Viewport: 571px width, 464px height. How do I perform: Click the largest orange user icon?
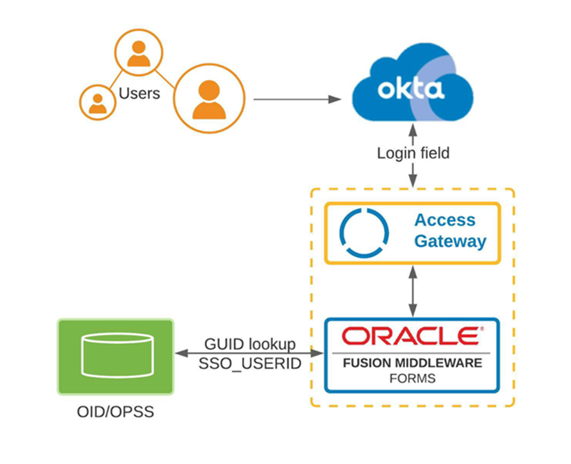pyautogui.click(x=208, y=98)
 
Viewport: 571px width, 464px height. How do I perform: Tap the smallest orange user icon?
pyautogui.click(x=98, y=102)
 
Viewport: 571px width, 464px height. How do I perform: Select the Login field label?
pyautogui.click(x=413, y=153)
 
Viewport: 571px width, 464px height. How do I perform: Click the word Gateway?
pyautogui.click(x=449, y=241)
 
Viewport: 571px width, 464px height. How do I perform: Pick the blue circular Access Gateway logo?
pyautogui.click(x=364, y=231)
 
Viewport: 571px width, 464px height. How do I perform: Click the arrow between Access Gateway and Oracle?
pyautogui.click(x=413, y=291)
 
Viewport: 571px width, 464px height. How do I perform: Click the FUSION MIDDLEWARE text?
pyautogui.click(x=413, y=363)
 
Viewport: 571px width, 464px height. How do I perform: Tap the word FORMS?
pyautogui.click(x=413, y=377)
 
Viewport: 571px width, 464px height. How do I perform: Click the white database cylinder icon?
pyautogui.click(x=115, y=355)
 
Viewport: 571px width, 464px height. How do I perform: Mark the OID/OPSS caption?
pyautogui.click(x=115, y=413)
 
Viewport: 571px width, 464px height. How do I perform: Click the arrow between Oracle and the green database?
pyautogui.click(x=248, y=353)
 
